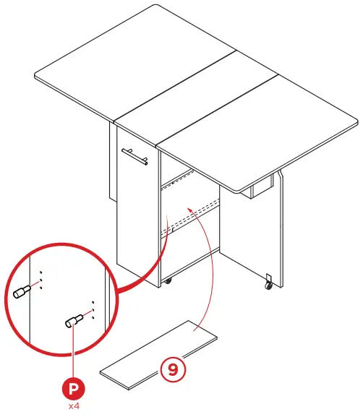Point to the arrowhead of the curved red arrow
189,207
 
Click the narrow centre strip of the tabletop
195,94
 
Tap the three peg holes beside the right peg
93,309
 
